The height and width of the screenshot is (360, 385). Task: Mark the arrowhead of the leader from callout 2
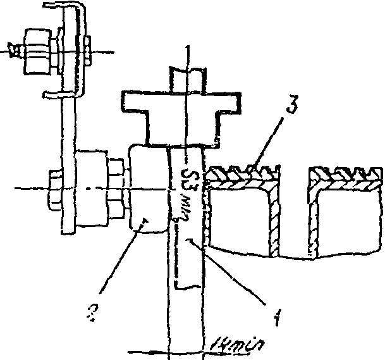pyautogui.click(x=144, y=221)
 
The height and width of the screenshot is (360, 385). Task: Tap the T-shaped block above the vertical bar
pyautogui.click(x=181, y=111)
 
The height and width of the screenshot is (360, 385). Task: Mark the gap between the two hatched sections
pyautogui.click(x=291, y=209)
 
